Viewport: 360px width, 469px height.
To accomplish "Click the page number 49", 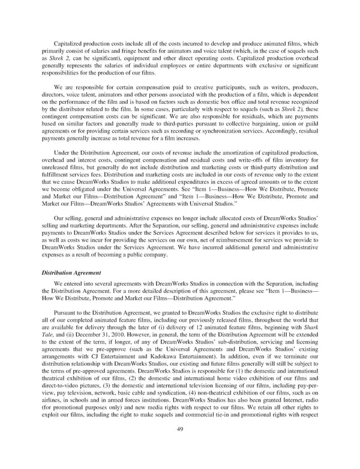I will (x=180, y=445).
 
